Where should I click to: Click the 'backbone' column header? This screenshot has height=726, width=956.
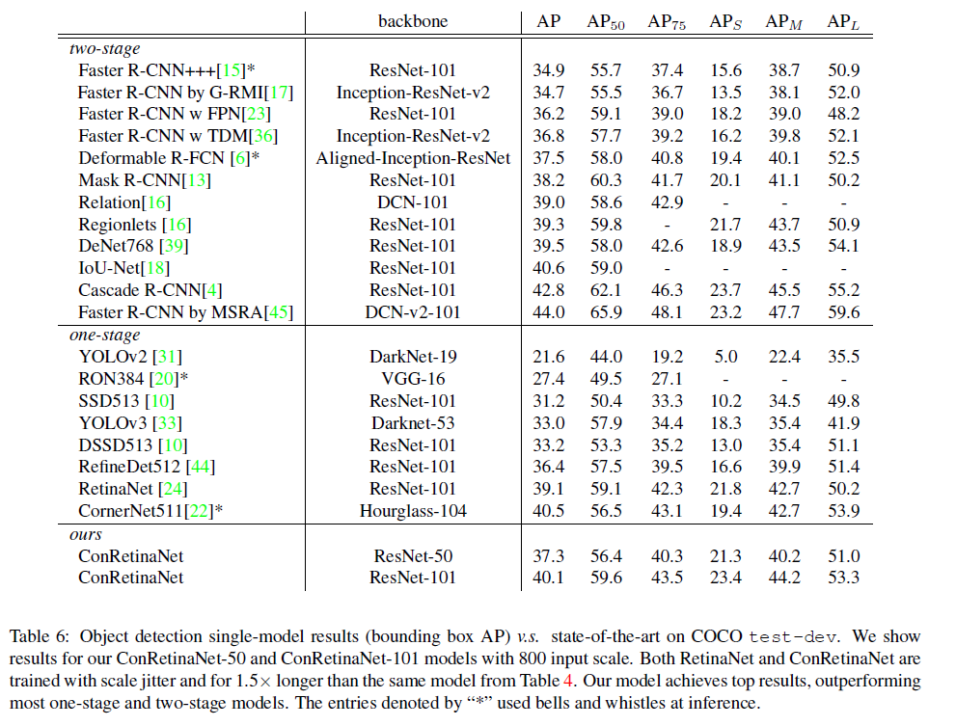pos(413,21)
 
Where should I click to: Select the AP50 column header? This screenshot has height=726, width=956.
pos(606,22)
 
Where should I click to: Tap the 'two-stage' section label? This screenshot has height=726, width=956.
pos(104,49)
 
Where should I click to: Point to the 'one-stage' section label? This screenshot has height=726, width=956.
pos(104,336)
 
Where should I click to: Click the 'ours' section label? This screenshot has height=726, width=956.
pos(85,534)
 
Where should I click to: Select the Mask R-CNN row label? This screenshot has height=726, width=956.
pos(145,180)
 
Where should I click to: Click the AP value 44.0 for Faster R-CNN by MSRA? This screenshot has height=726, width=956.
pos(548,312)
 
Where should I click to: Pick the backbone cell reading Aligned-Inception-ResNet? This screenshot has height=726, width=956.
pos(413,158)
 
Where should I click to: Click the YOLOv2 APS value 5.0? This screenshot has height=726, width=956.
pos(725,357)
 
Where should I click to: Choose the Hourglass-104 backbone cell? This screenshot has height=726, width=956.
pos(413,511)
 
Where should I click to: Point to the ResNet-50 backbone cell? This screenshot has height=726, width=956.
pos(413,556)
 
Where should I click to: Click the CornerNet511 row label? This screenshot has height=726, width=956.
pos(150,511)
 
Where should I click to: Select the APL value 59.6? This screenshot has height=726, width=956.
pos(843,312)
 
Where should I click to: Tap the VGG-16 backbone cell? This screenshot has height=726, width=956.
pos(413,379)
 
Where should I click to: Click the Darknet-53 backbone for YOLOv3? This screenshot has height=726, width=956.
pos(413,423)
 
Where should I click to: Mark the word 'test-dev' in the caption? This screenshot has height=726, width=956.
pos(793,637)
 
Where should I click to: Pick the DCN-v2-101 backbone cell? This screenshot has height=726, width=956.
pos(413,312)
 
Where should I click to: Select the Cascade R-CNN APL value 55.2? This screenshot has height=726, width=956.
pos(843,290)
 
